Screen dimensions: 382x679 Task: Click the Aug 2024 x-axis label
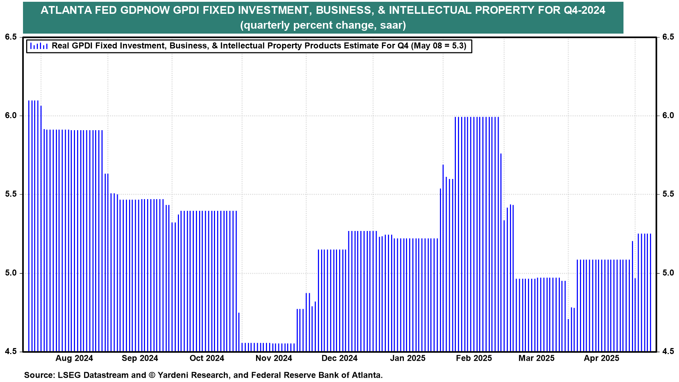(74, 358)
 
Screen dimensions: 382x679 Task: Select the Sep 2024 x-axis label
(140, 358)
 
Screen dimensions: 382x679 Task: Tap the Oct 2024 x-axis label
(207, 358)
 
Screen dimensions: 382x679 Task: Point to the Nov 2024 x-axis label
(274, 358)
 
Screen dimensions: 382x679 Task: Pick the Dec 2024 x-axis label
(339, 358)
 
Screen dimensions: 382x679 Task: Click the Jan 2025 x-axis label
(408, 358)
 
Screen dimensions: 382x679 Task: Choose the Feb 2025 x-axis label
(474, 358)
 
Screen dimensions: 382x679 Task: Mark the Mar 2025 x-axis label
(536, 358)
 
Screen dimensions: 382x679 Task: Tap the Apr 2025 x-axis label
(602, 358)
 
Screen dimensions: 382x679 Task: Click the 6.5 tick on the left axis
(11, 37)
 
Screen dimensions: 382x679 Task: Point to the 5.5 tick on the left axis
(11, 194)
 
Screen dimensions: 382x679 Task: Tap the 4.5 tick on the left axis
(11, 352)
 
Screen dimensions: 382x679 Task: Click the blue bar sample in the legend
(39, 46)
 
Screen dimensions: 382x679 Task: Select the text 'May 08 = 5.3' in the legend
(439, 46)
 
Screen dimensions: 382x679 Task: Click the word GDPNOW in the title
(145, 11)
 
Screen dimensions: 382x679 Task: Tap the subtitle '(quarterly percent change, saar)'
(323, 25)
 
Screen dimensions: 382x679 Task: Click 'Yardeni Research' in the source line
(193, 375)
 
